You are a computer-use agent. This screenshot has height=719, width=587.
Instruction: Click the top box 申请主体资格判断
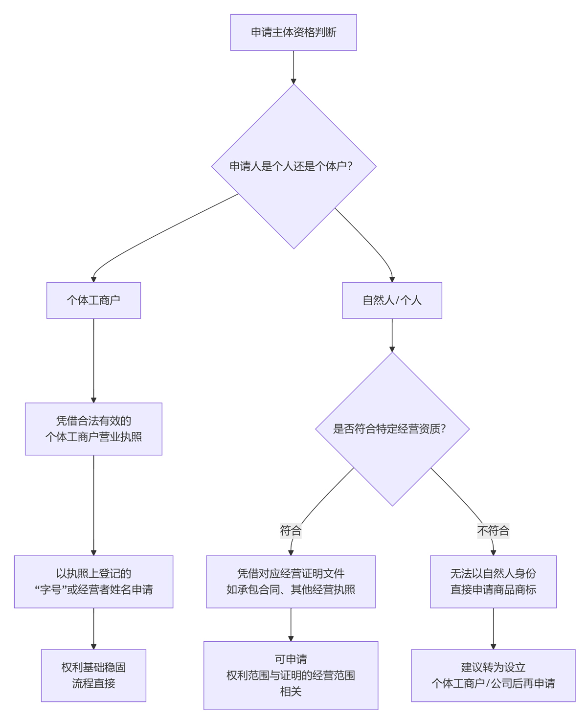coord(293,32)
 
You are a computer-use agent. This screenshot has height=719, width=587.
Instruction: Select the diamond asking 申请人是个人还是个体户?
coord(293,166)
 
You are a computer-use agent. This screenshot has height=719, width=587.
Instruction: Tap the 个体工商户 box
coord(93,300)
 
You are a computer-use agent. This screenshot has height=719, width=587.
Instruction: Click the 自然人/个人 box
coord(392,300)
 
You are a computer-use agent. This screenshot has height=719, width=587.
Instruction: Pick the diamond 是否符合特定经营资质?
coord(392,429)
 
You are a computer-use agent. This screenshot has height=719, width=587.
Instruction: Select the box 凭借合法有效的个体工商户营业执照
coord(93,429)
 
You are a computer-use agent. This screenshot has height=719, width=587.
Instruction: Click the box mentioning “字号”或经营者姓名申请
coord(93,582)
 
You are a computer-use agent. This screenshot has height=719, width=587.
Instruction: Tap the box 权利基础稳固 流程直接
coord(93,675)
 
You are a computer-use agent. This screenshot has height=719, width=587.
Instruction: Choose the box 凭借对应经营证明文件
coord(291,582)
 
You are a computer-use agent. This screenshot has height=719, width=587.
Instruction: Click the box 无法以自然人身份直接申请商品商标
coord(493,582)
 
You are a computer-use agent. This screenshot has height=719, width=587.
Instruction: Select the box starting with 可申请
coord(291,675)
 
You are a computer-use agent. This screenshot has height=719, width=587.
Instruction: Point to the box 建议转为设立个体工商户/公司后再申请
coord(493,675)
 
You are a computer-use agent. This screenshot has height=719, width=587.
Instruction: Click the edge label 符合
coord(291,531)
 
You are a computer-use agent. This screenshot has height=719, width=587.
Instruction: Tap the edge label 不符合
coord(493,531)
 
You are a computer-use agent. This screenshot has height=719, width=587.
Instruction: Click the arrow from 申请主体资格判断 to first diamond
coord(293,67)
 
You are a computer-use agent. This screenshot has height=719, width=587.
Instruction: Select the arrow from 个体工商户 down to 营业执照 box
coord(93,360)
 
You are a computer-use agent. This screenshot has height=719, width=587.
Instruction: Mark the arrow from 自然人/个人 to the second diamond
coord(392,335)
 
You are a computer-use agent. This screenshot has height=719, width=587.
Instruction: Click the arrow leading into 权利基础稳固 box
coord(93,629)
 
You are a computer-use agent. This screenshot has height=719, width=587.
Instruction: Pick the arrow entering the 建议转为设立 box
coord(493,629)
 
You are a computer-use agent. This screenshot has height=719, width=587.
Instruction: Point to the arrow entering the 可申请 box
coord(291,625)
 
